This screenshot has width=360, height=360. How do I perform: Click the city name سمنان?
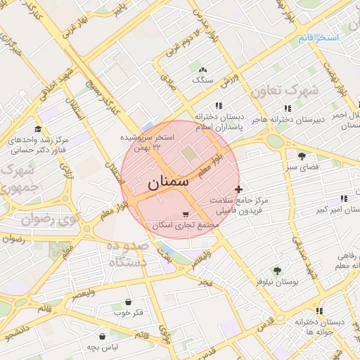coord(169,182)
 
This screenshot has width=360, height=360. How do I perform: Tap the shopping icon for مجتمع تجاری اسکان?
coord(185,214)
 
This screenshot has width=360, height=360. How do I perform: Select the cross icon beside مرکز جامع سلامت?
coord(238,188)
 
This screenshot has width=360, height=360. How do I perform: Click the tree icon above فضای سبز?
coord(302,156)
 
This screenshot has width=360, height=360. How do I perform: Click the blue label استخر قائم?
coord(319,37)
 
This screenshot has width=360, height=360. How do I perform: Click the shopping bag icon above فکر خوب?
coord(128,300)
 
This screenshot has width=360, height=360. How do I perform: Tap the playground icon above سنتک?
coord(203,70)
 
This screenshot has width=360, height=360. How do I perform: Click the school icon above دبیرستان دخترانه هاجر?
coord(288,108)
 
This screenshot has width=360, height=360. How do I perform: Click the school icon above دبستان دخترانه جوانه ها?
coord(320,310)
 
